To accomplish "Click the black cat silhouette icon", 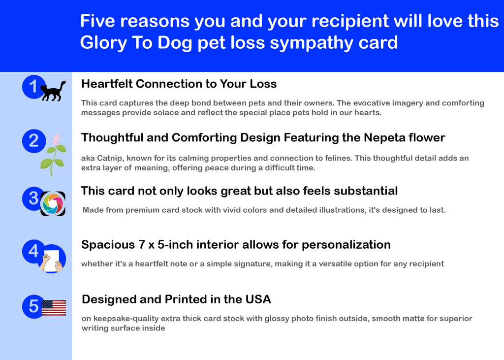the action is coord(53,91).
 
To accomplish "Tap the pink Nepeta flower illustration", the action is coord(53,155).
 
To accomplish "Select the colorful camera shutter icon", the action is coord(53,204).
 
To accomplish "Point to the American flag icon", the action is coord(54,308).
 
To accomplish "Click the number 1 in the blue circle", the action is coord(33,87).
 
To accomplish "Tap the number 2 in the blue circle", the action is coord(34,141).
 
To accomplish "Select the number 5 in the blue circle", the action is coord(34,306).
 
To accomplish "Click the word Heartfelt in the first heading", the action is coord(107,84).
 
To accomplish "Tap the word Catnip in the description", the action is coord(110,158).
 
